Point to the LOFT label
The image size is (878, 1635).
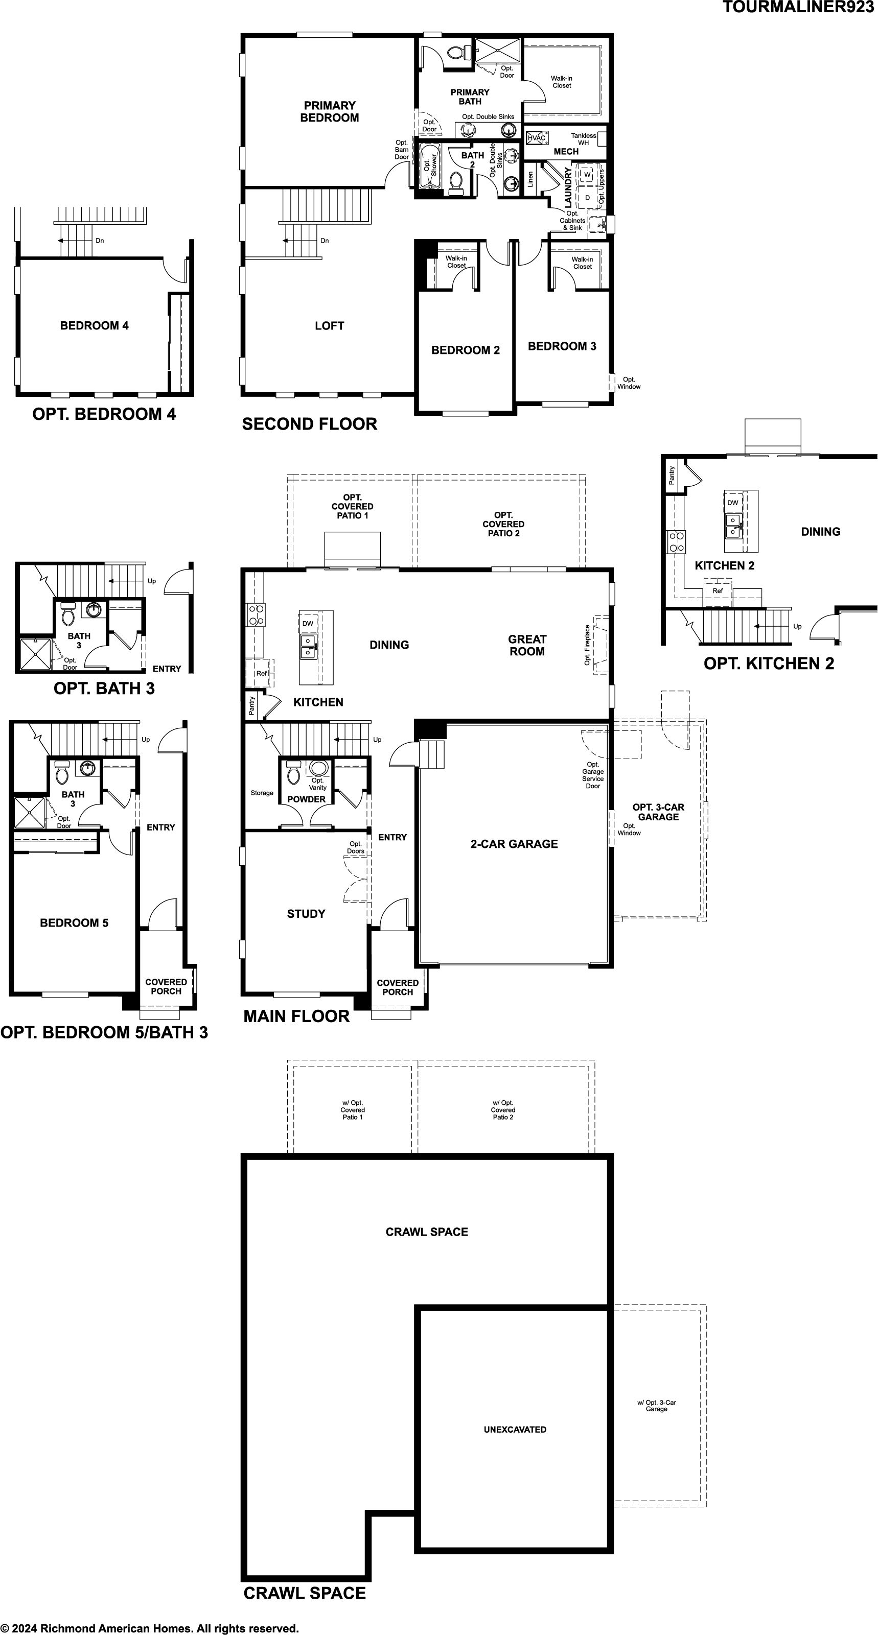(x=330, y=325)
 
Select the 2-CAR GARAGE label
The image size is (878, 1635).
(x=514, y=843)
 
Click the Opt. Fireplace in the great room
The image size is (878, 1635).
(x=599, y=645)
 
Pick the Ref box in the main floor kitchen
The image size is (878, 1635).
(x=261, y=673)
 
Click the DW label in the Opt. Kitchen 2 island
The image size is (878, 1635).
(x=733, y=503)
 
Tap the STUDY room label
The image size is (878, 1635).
(x=306, y=914)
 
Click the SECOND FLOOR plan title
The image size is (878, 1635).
(x=310, y=424)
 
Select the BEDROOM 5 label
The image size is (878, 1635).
(x=74, y=923)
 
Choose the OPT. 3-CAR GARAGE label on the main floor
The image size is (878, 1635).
(x=658, y=812)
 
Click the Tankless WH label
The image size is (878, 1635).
(x=584, y=139)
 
